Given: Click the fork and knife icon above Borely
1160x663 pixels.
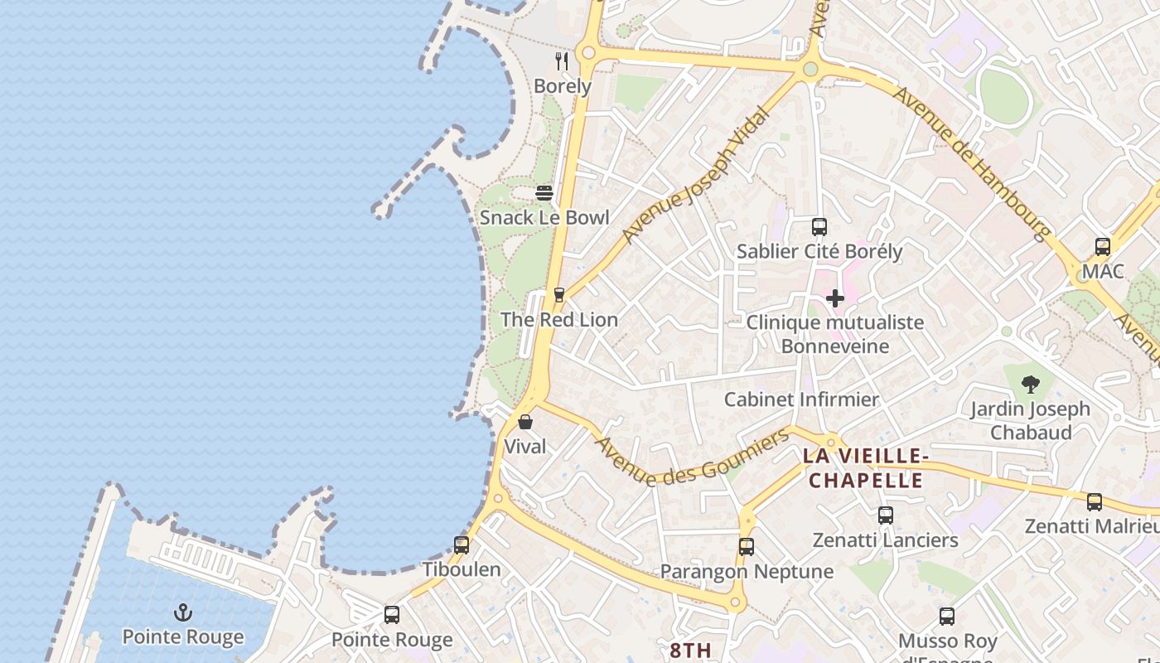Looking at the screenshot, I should [x=562, y=60].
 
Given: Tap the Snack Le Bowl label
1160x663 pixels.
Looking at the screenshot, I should [x=544, y=218].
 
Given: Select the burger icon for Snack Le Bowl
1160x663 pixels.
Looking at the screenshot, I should [x=544, y=193].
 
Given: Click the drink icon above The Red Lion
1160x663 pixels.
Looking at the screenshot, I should [x=559, y=295].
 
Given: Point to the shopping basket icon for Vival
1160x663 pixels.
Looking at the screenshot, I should [x=524, y=422].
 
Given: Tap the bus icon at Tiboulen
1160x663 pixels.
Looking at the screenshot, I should [x=462, y=545].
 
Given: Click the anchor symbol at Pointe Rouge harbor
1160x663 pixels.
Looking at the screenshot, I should [x=183, y=612].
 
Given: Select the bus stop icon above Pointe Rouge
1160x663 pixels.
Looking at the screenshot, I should [x=392, y=615].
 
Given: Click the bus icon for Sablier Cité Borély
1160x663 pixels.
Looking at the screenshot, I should [x=819, y=226].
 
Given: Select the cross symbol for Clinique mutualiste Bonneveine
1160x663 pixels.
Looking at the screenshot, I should [x=835, y=298].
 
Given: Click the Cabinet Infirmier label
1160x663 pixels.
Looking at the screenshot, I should [x=801, y=399].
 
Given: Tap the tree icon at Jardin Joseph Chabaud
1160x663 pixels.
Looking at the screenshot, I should [x=1031, y=384].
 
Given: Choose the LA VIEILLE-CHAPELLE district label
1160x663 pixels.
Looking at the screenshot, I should [x=864, y=468].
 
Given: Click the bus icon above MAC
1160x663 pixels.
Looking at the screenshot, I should [x=1103, y=246].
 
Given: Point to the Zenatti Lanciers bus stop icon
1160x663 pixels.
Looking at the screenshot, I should [x=886, y=515].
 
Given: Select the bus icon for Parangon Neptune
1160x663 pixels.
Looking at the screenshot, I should [x=747, y=547].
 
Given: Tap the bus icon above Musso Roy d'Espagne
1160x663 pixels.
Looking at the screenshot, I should [x=947, y=617].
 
